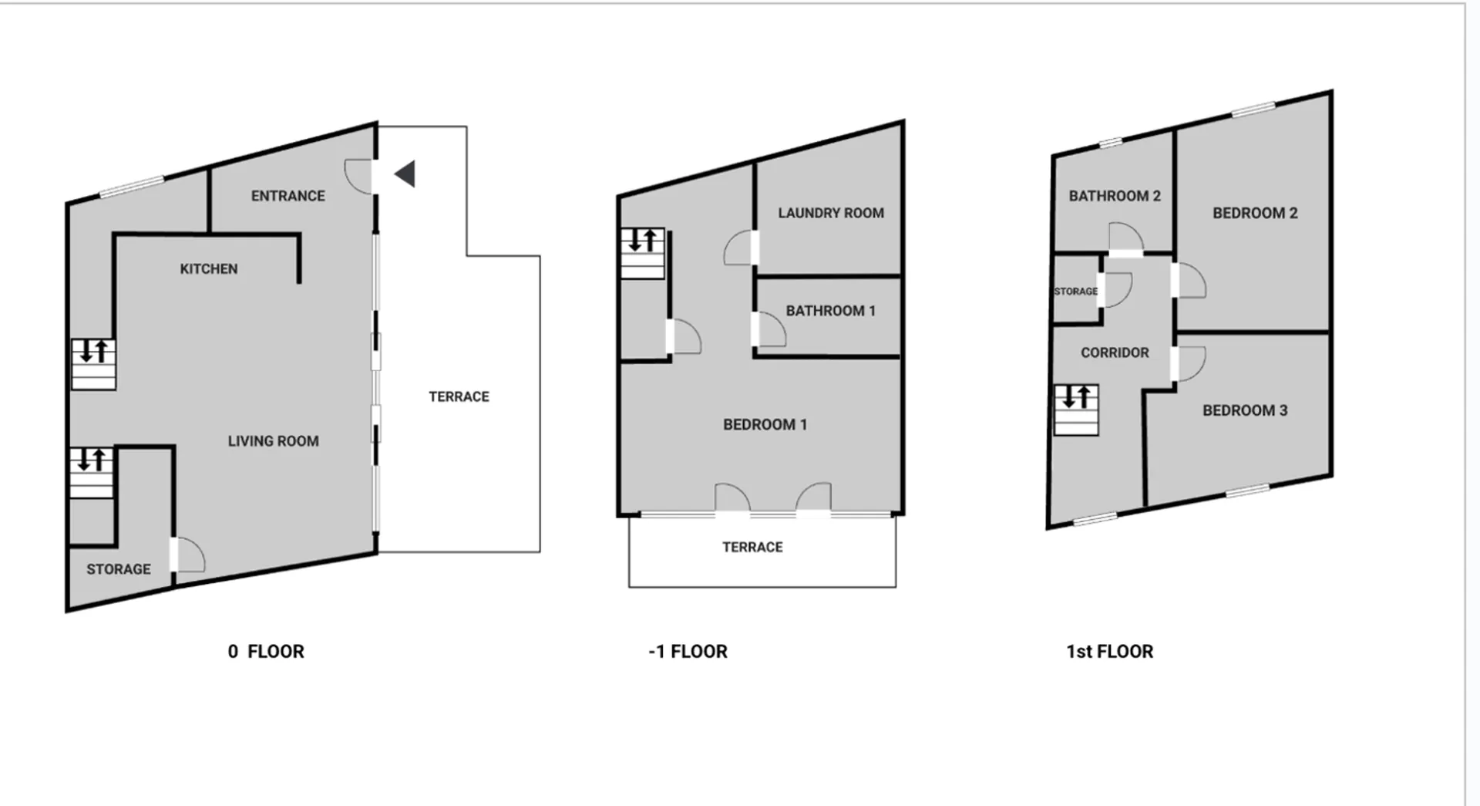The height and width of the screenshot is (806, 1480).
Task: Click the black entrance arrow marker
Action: [x=405, y=174]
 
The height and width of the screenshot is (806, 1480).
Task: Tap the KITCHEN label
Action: [x=209, y=269]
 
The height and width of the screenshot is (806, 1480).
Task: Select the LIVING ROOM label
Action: [x=273, y=441]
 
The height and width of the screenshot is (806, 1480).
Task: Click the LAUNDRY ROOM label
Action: [x=831, y=213]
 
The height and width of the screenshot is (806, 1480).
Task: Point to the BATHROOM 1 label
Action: [x=831, y=311]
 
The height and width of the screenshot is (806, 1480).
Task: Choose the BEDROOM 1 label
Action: [x=765, y=424]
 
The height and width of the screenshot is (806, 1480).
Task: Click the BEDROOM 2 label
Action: [x=1255, y=213]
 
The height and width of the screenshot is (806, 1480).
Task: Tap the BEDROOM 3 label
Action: [x=1245, y=410]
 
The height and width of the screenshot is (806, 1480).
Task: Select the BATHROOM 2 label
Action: [x=1115, y=196]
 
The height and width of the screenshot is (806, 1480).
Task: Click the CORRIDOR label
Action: [x=1115, y=352]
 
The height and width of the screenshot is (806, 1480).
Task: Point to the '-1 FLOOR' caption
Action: [x=688, y=652]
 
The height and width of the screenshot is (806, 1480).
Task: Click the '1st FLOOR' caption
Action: [x=1109, y=652]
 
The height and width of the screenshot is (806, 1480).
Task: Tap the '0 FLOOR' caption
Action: [x=266, y=652]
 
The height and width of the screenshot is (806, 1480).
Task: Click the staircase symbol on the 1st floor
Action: [x=1076, y=410]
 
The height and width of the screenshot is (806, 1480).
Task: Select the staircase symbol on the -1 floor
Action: [x=643, y=253]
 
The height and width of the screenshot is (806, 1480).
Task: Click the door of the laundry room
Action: [x=741, y=248]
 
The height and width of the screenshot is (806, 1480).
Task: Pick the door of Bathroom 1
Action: [x=769, y=329]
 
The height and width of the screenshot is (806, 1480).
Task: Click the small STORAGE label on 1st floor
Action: [x=1076, y=292]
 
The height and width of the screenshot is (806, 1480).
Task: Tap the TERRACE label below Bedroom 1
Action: [x=752, y=547]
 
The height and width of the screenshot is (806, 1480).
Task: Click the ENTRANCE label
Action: [x=288, y=196]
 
